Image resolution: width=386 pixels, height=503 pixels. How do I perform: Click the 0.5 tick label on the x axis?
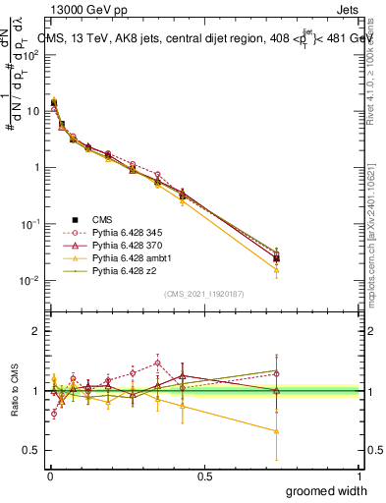click(x=204, y=475)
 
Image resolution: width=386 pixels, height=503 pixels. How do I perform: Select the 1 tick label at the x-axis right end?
click(x=359, y=475)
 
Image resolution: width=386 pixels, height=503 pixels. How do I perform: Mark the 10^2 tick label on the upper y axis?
click(x=30, y=54)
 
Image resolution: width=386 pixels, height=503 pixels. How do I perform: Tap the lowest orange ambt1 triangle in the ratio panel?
click(x=277, y=431)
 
